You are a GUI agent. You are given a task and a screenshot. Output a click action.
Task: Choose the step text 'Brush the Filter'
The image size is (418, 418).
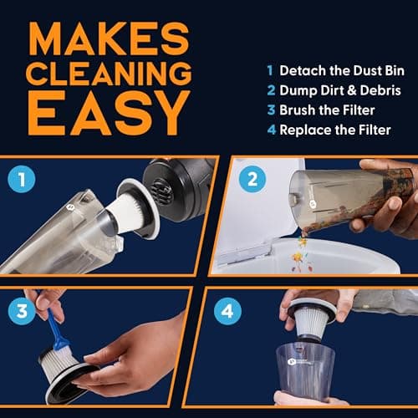(323, 110)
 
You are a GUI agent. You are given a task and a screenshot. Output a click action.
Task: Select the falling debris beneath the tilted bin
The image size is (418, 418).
(299, 248)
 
